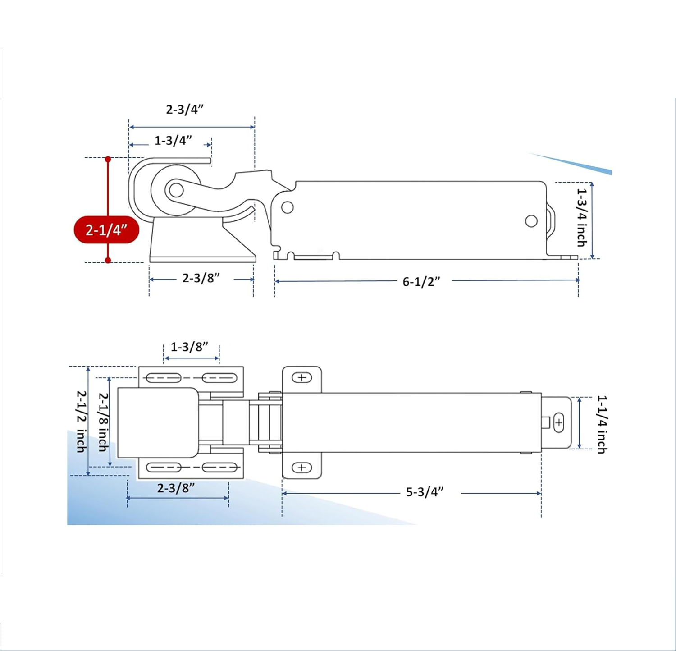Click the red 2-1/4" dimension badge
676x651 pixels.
coord(106,230)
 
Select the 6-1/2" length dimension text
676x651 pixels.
coord(421,282)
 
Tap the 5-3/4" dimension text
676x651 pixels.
coord(425,492)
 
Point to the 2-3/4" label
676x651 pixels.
coord(185,110)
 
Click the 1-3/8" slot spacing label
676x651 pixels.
coord(189,347)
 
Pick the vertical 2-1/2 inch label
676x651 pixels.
coord(81,421)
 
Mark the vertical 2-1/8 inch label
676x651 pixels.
coord(103,421)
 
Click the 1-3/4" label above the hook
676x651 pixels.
coord(173,141)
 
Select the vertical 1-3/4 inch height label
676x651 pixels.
coord(582,217)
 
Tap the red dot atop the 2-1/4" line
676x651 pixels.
coord(108,159)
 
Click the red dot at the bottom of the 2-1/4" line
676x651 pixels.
coord(108,260)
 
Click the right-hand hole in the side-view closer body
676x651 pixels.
coord(531,221)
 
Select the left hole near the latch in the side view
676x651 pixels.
coord(287,207)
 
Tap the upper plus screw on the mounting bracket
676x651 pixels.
coord(301,377)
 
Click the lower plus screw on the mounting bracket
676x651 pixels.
coord(301,468)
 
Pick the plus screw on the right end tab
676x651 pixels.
coord(559,423)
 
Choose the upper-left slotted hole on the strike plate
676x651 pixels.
coord(164,377)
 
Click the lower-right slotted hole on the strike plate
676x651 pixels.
coord(220,468)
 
